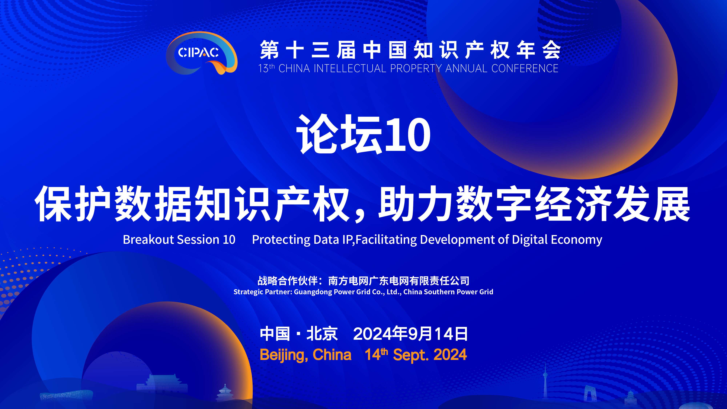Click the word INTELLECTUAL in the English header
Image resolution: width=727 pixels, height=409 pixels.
pyautogui.click(x=350, y=69)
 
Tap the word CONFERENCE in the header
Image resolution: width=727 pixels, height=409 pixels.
pyautogui.click(x=525, y=69)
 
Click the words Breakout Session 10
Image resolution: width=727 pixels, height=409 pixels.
pyautogui.click(x=179, y=240)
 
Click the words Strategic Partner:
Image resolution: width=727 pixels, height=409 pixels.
pyautogui.click(x=263, y=292)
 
